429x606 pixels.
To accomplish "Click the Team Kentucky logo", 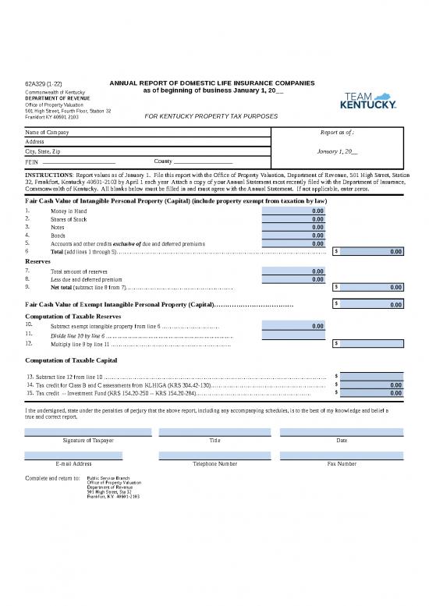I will tap(369, 100).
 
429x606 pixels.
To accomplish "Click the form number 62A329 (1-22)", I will tap(43, 83).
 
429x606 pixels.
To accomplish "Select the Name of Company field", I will tap(156, 133).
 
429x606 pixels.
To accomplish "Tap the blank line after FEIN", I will tap(84, 161).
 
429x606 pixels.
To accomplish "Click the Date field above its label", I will tap(341, 431).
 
